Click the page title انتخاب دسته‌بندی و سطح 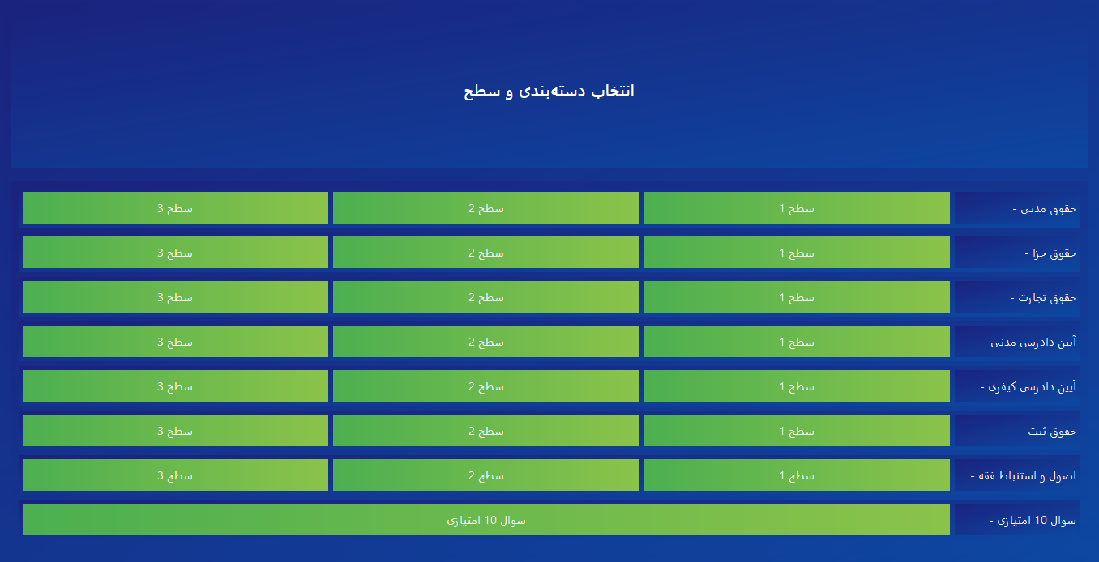click(549, 92)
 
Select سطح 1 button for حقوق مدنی click(797, 208)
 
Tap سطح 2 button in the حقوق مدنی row click(486, 208)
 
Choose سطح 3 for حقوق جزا click(175, 253)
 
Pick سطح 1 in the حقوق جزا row click(797, 253)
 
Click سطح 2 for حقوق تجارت click(486, 296)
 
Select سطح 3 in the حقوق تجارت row click(175, 296)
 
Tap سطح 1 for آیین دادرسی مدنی click(797, 341)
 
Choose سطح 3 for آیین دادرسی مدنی click(175, 341)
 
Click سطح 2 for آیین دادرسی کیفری click(486, 386)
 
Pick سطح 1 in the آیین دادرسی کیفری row click(797, 386)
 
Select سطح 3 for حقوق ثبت click(175, 431)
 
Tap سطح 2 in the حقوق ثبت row click(486, 431)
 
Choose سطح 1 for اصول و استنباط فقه click(797, 475)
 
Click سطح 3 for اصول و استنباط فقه click(175, 475)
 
